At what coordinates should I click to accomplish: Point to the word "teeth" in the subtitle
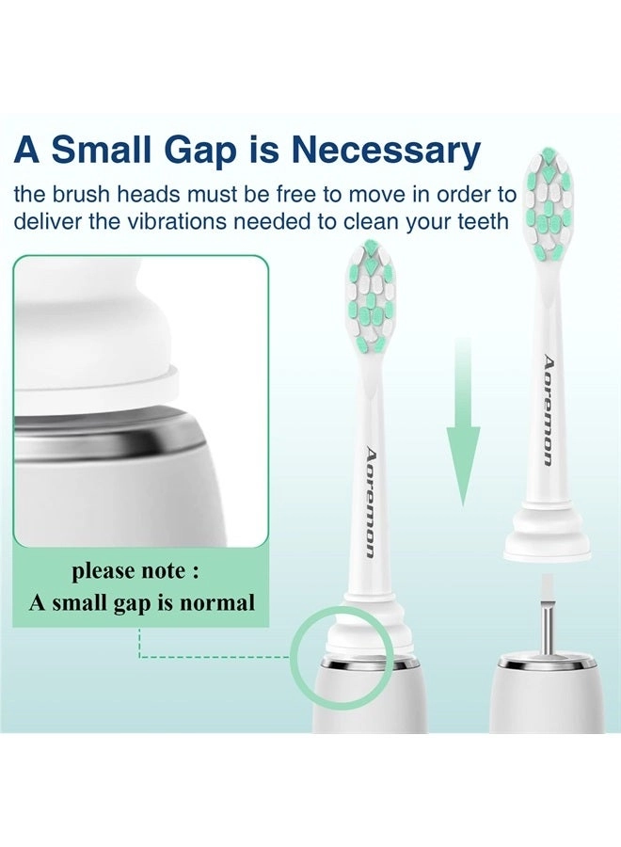(481, 222)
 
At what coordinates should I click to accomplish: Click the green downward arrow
(462, 423)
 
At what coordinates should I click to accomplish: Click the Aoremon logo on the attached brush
(370, 503)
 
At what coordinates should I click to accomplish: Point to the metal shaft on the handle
(547, 634)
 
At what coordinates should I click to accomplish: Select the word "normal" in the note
(219, 602)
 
